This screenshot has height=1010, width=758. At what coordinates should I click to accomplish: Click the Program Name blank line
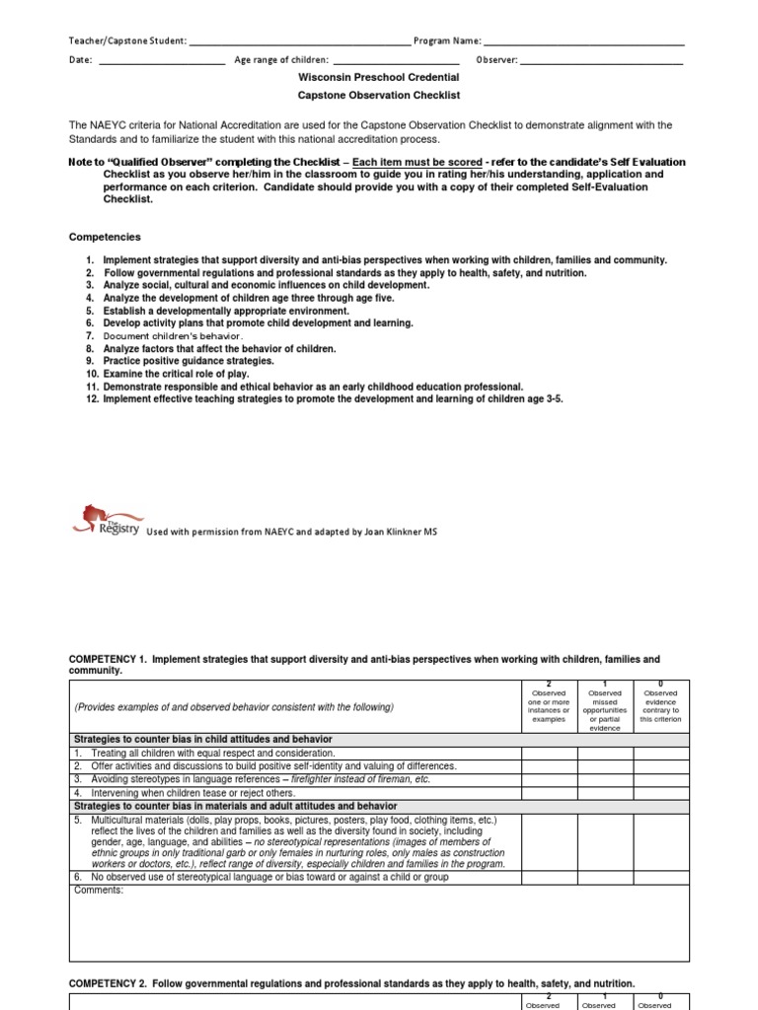[x=583, y=42]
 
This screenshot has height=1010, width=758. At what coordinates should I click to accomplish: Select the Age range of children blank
[x=396, y=61]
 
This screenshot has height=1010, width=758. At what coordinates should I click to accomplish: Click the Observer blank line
[x=601, y=61]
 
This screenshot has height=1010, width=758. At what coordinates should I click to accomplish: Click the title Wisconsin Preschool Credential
[x=379, y=77]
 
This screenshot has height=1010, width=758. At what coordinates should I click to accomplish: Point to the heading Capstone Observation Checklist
[x=379, y=96]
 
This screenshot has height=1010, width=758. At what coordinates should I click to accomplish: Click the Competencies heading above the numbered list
[x=105, y=237]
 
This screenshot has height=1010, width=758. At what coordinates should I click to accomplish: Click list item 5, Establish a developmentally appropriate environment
[x=226, y=311]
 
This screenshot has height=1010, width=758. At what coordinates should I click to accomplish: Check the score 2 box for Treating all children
[x=549, y=753]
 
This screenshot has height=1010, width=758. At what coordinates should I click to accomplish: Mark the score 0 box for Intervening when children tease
[x=661, y=792]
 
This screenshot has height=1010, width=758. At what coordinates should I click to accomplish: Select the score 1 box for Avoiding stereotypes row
[x=605, y=779]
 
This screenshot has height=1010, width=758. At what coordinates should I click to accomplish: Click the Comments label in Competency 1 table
[x=99, y=891]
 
